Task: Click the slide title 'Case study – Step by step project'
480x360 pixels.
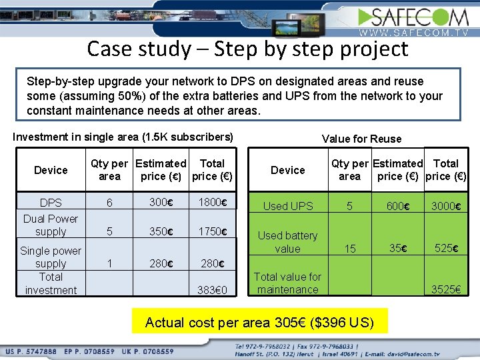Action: click(247, 49)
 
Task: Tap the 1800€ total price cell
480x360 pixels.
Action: click(213, 202)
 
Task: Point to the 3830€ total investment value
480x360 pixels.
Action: click(213, 290)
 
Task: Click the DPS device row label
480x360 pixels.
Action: click(51, 202)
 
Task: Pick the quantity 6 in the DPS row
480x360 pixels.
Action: click(109, 202)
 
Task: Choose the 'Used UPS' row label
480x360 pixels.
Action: click(287, 206)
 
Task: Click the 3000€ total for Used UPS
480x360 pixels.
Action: click(444, 206)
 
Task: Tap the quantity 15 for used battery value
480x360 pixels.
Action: click(349, 249)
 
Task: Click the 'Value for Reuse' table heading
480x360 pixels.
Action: click(361, 139)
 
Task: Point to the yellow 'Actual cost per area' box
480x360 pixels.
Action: click(259, 323)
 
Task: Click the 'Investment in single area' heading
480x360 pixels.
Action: click(123, 137)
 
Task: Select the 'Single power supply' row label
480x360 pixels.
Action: click(51, 257)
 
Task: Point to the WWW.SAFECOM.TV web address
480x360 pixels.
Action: click(415, 32)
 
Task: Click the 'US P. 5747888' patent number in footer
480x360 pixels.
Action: click(32, 351)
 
